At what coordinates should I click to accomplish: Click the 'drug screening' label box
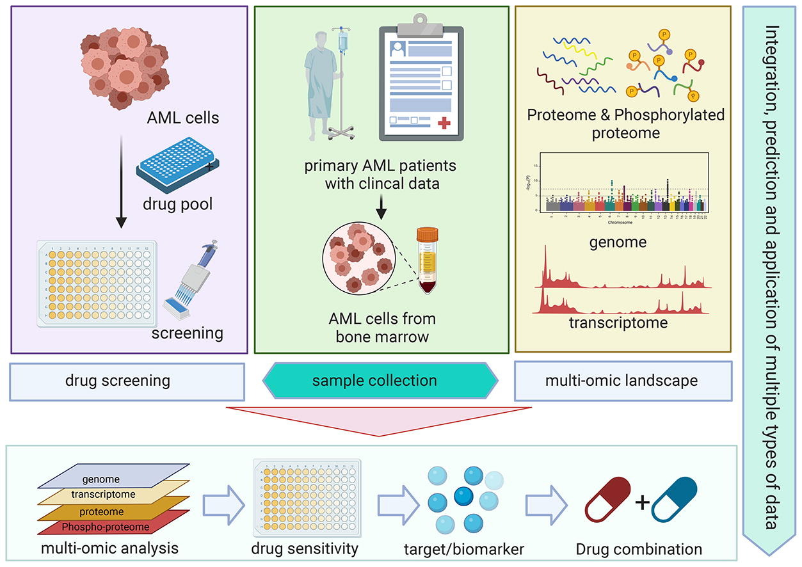pyautogui.click(x=127, y=381)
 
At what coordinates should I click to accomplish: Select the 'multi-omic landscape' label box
pyautogui.click(x=622, y=381)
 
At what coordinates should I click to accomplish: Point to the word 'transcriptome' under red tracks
pyautogui.click(x=618, y=323)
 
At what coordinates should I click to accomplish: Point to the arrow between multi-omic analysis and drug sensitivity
pyautogui.click(x=223, y=504)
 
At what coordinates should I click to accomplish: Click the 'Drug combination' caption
pyautogui.click(x=638, y=549)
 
